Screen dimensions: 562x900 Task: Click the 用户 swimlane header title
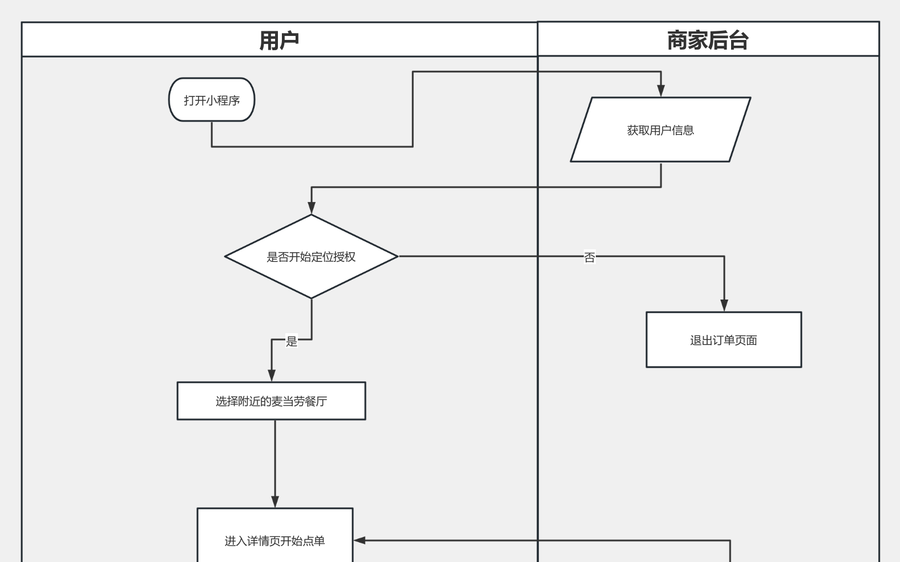pyautogui.click(x=279, y=41)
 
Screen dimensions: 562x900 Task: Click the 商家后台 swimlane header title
pyautogui.click(x=708, y=41)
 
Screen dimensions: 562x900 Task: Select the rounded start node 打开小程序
pyautogui.click(x=212, y=100)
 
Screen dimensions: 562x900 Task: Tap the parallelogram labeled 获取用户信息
pyautogui.click(x=660, y=130)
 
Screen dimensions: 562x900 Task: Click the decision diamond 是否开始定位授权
pyautogui.click(x=311, y=257)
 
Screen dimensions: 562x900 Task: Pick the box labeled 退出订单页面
pyautogui.click(x=724, y=340)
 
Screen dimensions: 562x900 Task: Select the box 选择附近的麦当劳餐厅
pyautogui.click(x=271, y=401)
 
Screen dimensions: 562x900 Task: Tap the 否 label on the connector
pyautogui.click(x=590, y=257)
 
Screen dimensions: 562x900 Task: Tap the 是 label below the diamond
pyautogui.click(x=292, y=341)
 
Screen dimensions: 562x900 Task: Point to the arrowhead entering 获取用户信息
pyautogui.click(x=661, y=91)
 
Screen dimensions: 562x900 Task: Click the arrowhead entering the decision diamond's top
pyautogui.click(x=312, y=208)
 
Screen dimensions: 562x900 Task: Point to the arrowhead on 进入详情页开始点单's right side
pyautogui.click(x=360, y=540)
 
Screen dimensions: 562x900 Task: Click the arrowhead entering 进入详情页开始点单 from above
pyautogui.click(x=275, y=502)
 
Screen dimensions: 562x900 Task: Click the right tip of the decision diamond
pyautogui.click(x=397, y=257)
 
